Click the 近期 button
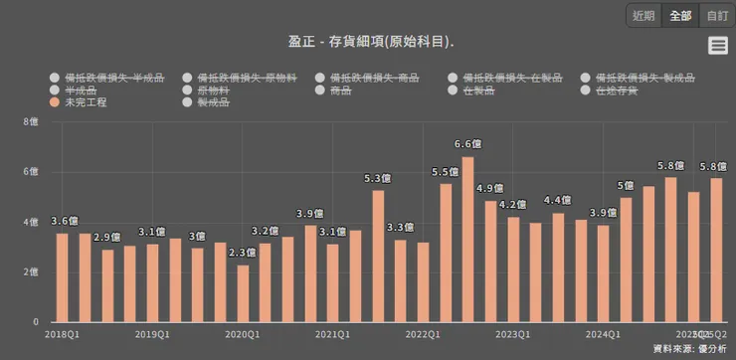click(644, 15)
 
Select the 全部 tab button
click(680, 15)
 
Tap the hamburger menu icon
click(718, 45)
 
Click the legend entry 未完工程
click(85, 102)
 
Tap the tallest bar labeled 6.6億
click(467, 239)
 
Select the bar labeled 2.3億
click(243, 293)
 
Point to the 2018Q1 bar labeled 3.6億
click(62, 277)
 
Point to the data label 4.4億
click(557, 201)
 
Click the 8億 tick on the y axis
click(30, 122)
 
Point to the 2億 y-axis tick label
click(30, 271)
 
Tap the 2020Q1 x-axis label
click(243, 335)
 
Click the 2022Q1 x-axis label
click(423, 335)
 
